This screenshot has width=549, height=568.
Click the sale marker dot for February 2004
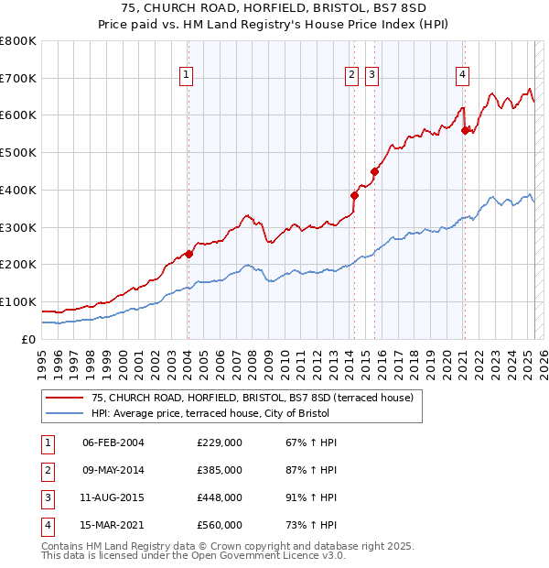click(188, 254)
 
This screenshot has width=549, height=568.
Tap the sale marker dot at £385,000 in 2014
click(354, 194)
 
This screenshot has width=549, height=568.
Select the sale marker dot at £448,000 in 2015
click(374, 171)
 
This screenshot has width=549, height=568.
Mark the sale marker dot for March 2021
click(465, 129)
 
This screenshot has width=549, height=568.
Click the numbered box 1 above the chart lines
click(187, 75)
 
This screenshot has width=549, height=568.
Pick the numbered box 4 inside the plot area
click(463, 75)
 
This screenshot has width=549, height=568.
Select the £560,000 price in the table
click(219, 525)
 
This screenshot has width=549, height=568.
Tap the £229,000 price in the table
click(219, 442)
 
